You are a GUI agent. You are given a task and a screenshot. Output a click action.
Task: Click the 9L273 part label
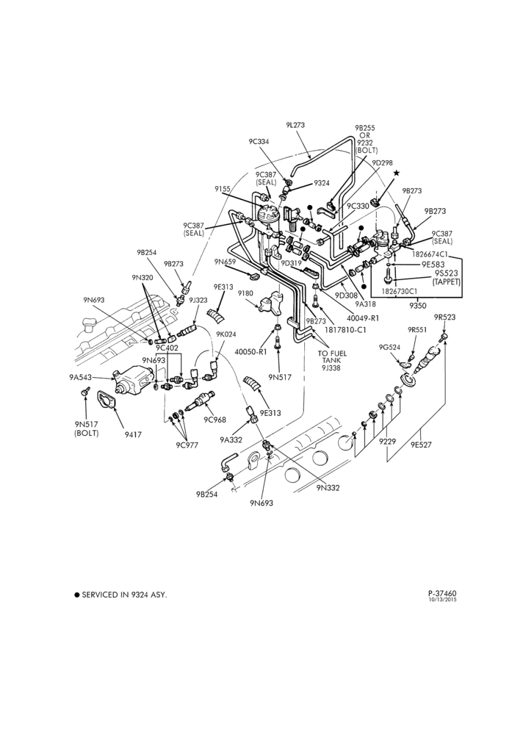295,125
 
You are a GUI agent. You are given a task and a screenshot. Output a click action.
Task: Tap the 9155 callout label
223,189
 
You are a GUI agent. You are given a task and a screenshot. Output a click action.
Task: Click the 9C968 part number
214,419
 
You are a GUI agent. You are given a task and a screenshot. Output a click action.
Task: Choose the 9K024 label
226,334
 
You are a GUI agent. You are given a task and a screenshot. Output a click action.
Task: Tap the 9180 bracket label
245,294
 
